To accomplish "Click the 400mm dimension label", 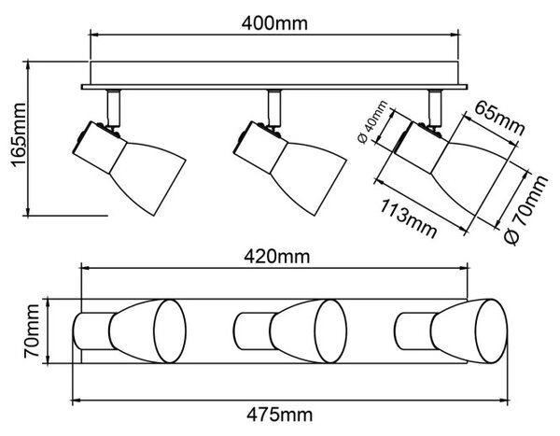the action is (274, 23).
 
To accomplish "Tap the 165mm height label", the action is (19, 135).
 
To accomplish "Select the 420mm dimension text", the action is (277, 257).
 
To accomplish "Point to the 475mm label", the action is (279, 415).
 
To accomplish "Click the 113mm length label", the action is (408, 218).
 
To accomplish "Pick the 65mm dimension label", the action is (499, 118).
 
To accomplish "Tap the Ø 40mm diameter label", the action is (372, 122).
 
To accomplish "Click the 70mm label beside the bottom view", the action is (32, 331).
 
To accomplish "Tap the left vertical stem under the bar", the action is (114, 107).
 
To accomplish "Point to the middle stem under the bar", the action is (274, 107).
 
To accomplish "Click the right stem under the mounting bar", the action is (435, 107).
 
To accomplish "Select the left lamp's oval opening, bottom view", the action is (170, 331).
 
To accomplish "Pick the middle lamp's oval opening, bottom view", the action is (330, 331).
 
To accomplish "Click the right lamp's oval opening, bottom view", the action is (492, 331).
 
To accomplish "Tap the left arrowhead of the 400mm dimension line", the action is (92, 35).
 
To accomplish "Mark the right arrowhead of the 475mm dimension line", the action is (504, 401).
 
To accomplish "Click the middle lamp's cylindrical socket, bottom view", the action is (254, 331).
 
